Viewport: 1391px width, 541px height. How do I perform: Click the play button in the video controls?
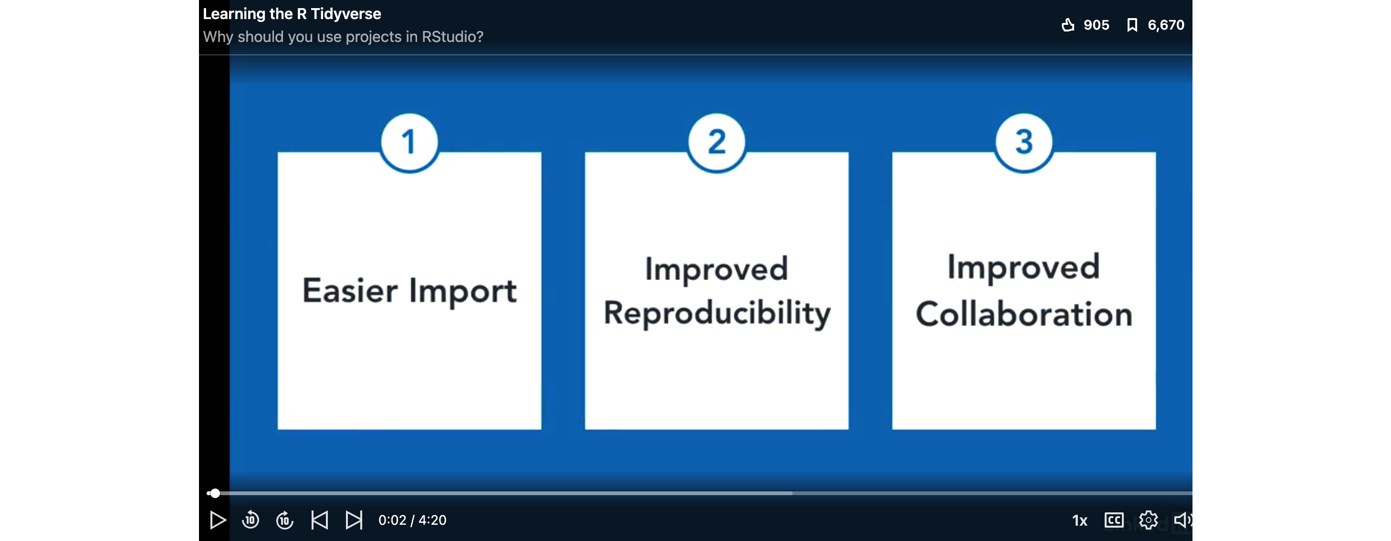tap(218, 520)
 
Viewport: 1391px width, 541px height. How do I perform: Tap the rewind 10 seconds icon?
tap(251, 520)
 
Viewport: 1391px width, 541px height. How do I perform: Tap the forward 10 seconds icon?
tap(285, 520)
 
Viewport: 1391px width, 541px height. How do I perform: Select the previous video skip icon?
tap(320, 520)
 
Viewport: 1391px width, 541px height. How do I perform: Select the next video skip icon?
tap(354, 520)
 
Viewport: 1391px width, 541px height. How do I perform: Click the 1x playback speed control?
tap(1079, 520)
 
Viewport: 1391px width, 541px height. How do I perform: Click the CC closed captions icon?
tap(1114, 520)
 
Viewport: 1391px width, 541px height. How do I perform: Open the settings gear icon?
tap(1149, 520)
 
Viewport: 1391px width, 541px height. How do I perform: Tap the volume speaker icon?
tap(1183, 520)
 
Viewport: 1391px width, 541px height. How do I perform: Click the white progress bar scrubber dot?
tap(215, 493)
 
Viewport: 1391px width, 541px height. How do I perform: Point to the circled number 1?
tap(409, 143)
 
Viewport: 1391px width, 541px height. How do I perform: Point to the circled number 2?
tap(717, 143)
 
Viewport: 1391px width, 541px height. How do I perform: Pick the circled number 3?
tap(1024, 143)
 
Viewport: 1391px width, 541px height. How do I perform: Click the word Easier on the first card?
tap(350, 291)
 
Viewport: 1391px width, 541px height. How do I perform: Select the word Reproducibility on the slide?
tap(717, 314)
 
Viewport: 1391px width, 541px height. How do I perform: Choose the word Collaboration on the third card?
tap(1024, 314)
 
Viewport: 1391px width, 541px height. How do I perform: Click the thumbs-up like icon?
tap(1067, 25)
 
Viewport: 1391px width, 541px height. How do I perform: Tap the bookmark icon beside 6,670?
tap(1132, 25)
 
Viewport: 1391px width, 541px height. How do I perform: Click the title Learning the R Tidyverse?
tap(292, 14)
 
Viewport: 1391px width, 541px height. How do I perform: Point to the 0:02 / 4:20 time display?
tap(413, 520)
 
